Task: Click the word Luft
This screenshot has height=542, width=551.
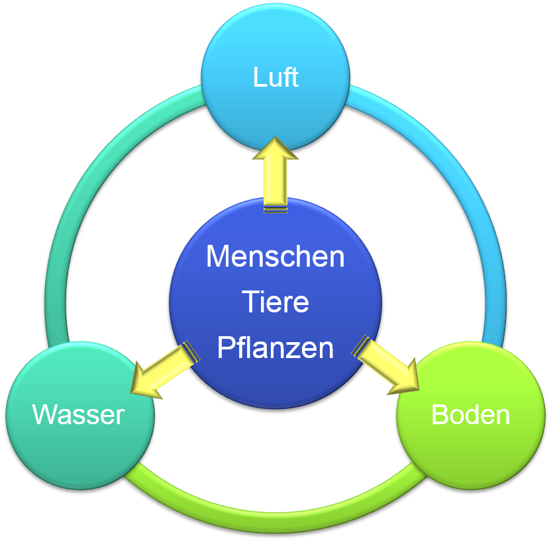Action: [x=275, y=78]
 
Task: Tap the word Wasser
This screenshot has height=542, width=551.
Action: [x=78, y=415]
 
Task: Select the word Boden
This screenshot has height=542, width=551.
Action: [x=470, y=415]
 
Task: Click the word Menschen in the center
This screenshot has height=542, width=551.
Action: [x=275, y=257]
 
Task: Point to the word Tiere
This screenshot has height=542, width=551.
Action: [x=275, y=302]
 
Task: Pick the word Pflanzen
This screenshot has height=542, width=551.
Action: [x=275, y=348]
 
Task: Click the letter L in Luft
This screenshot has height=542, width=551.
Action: [x=258, y=78]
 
